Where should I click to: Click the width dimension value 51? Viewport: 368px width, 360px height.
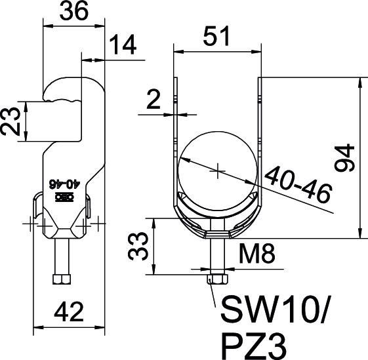coord(216,36)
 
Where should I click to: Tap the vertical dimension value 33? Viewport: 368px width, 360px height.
coord(136,245)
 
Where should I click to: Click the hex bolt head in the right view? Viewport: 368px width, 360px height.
coord(216,278)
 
